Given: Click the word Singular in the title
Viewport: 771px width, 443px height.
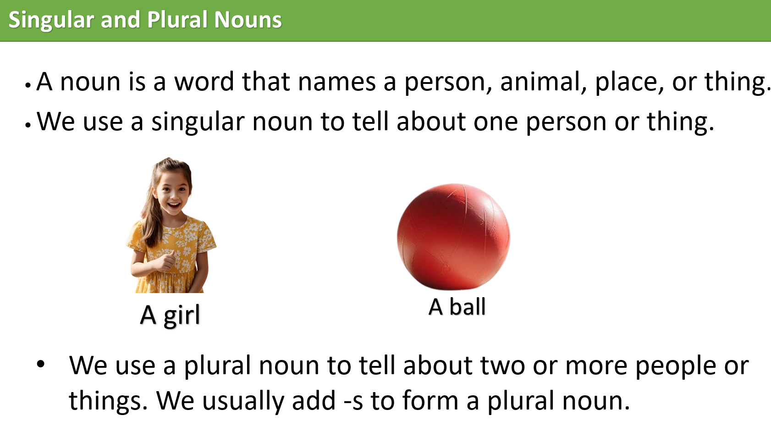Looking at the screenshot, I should pos(51,20).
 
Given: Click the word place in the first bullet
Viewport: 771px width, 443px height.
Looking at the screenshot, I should pos(629,83).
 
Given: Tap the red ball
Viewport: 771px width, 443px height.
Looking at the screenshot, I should pos(453,237).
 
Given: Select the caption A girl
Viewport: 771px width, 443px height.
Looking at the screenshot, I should pos(170,316).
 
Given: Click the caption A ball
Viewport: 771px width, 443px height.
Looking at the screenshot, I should pos(457,307).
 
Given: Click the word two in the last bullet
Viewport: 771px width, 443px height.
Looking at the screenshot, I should pos(502,366).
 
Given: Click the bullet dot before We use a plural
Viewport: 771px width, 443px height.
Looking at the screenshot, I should pos(41,365).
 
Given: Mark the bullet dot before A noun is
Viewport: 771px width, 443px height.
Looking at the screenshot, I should pos(28,85).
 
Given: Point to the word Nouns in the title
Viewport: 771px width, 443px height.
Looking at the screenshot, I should pos(248,20).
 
